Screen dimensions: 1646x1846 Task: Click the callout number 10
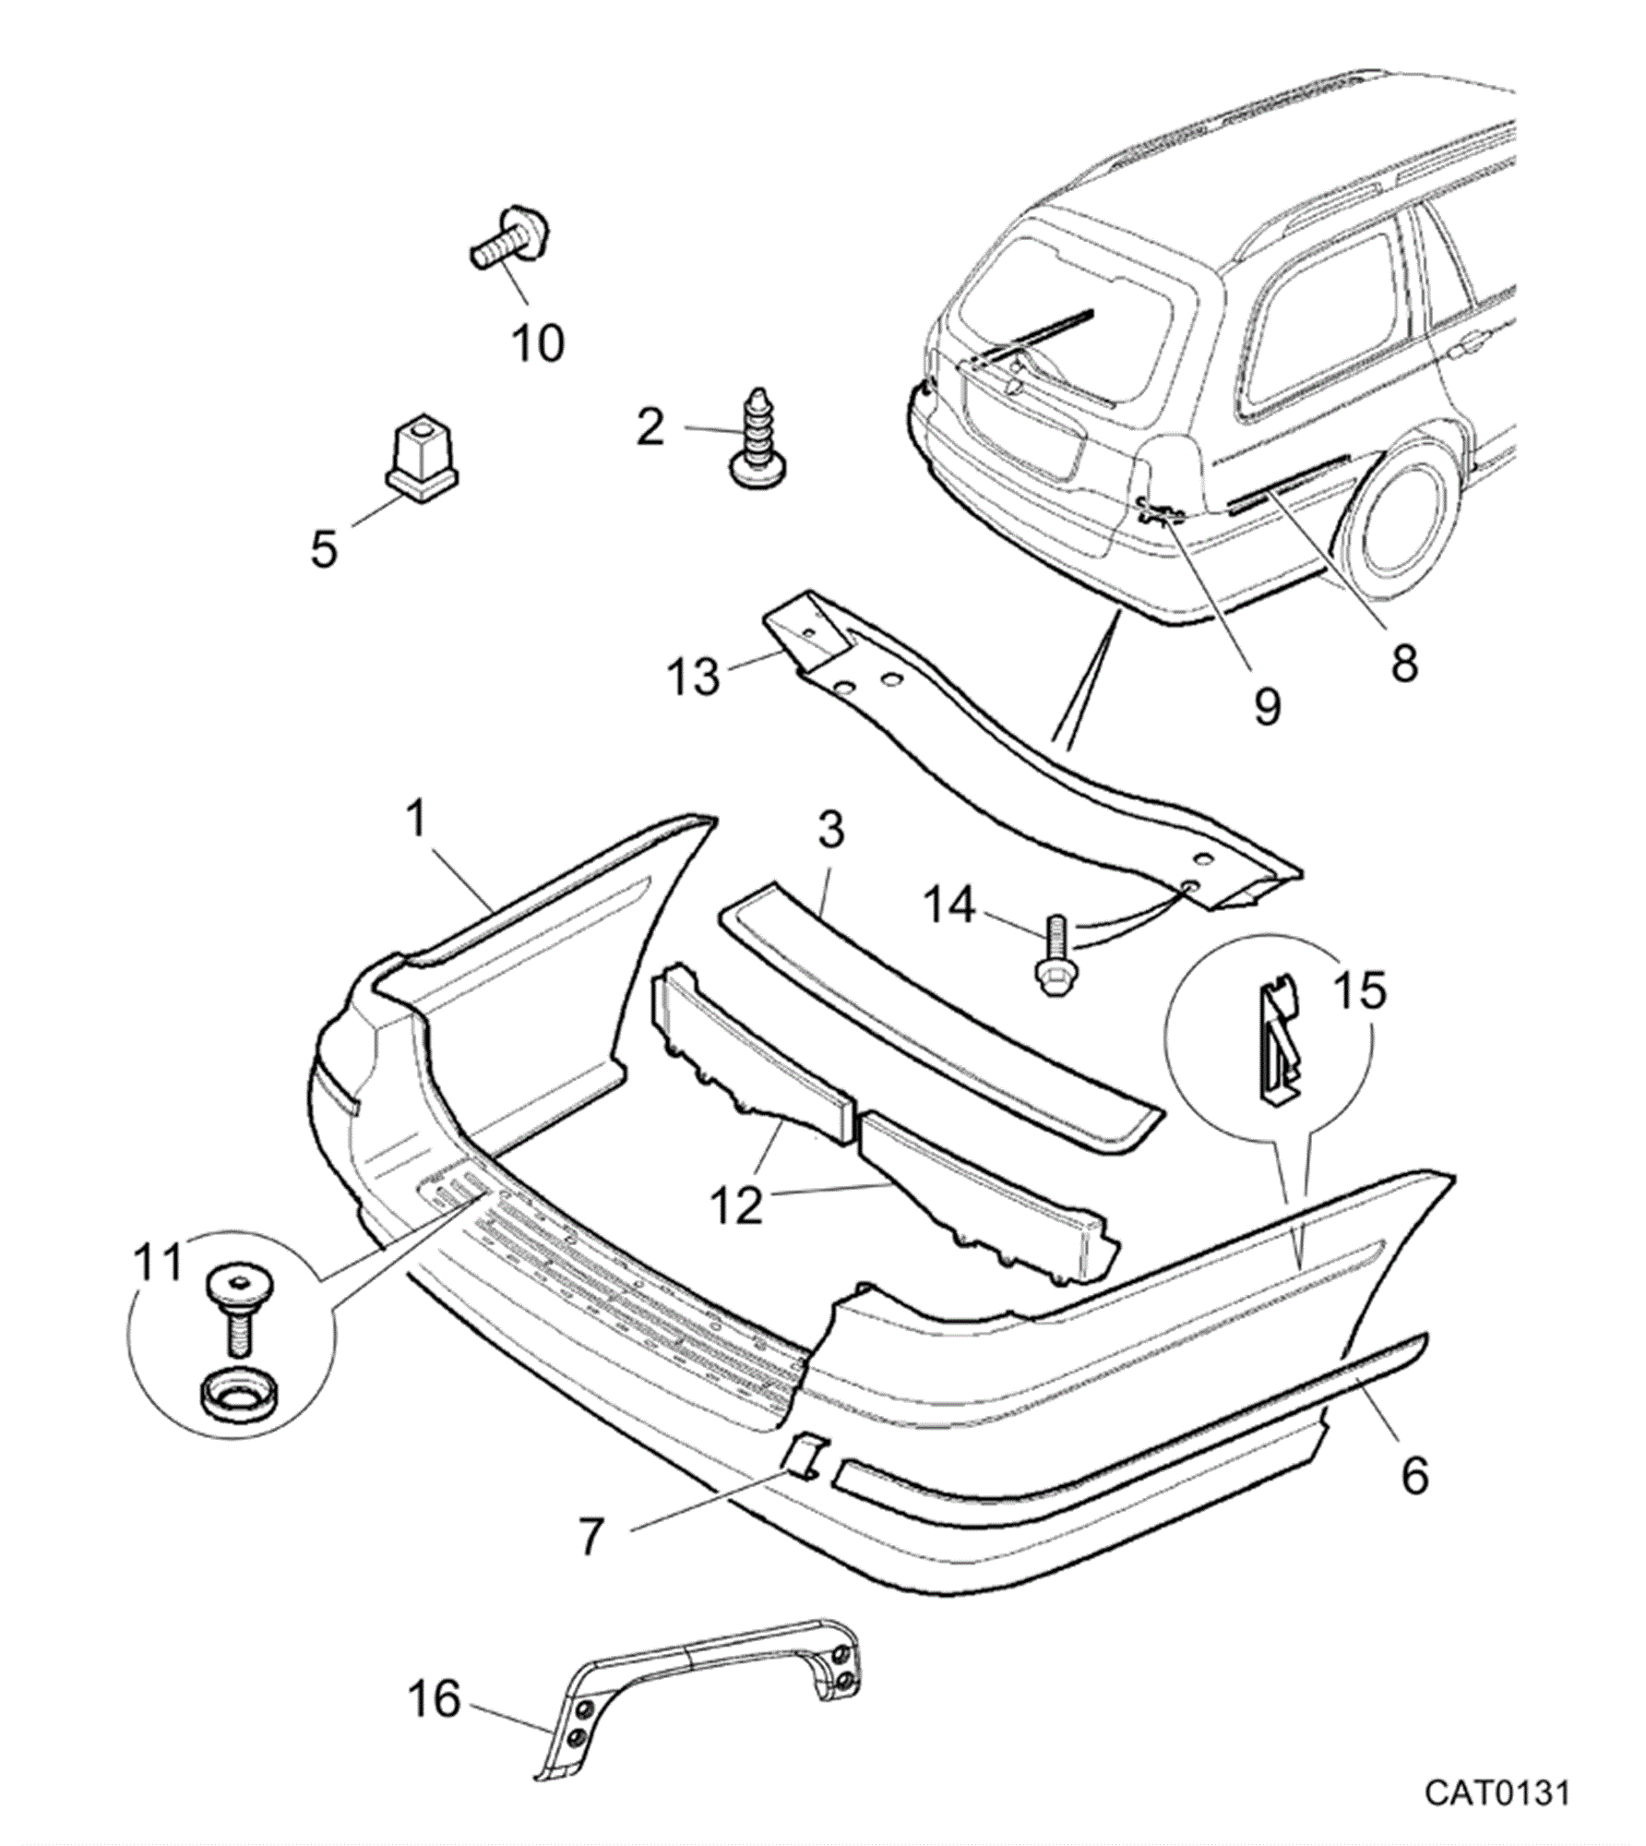click(538, 343)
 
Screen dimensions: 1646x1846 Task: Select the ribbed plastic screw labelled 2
click(759, 437)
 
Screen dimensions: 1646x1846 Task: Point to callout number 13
click(693, 677)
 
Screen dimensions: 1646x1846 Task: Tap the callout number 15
click(1361, 990)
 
